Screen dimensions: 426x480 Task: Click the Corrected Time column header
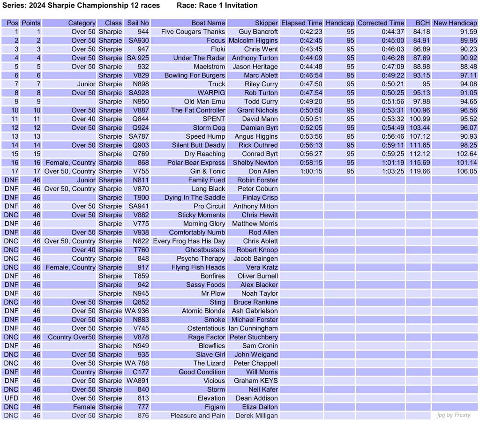point(380,23)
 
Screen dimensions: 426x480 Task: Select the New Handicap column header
point(455,23)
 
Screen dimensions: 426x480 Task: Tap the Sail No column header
point(138,23)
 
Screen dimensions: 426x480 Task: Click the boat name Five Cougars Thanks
point(193,32)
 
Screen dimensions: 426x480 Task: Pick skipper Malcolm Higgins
point(253,40)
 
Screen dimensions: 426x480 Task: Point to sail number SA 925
point(138,58)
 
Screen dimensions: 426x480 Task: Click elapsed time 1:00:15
point(311,172)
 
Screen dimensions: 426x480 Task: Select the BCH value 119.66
point(420,172)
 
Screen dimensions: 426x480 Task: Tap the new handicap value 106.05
point(466,172)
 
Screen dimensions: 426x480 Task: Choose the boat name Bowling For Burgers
point(195,75)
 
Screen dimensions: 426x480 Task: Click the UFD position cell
point(11,398)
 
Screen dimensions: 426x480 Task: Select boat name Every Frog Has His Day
point(189,241)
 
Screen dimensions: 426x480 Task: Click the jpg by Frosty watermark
point(453,415)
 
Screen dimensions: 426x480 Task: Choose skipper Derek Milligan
point(256,416)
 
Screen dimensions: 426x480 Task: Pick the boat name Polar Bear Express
point(196,163)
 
